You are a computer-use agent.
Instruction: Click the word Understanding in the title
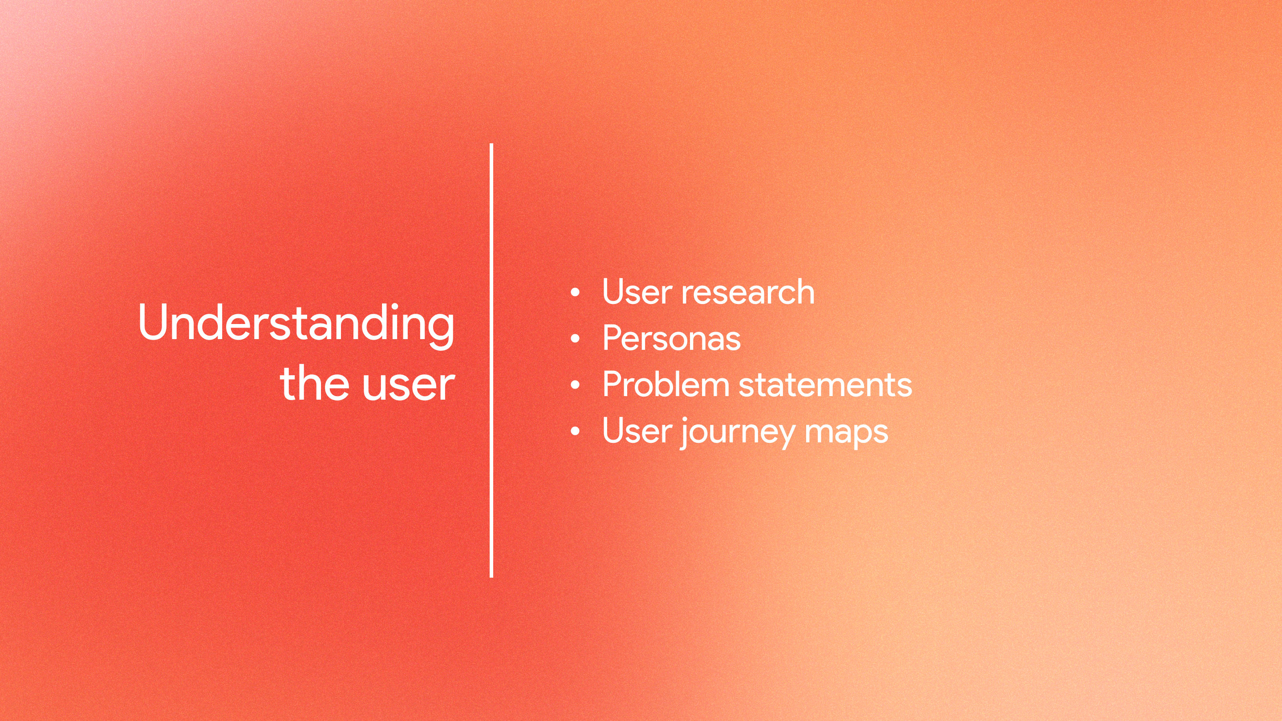tap(296, 324)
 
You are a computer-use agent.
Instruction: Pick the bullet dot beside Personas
tap(575, 339)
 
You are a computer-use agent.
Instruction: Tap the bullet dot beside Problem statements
tap(575, 385)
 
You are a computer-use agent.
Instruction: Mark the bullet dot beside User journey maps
tap(575, 431)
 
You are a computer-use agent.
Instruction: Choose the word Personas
tap(671, 338)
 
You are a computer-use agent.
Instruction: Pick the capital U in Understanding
tap(152, 322)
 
